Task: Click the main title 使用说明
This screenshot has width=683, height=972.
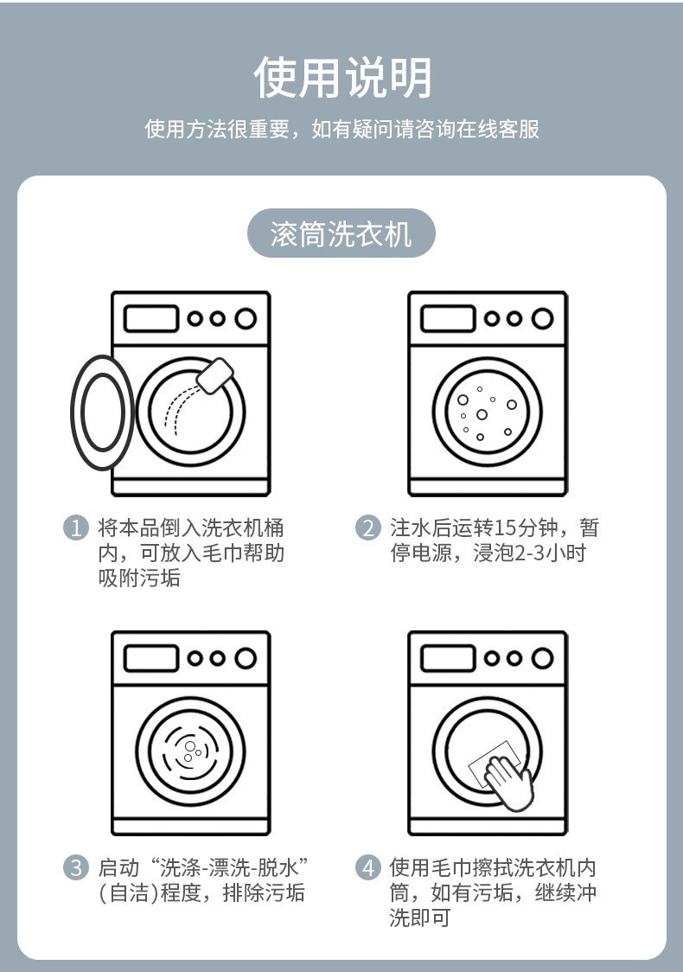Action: click(341, 78)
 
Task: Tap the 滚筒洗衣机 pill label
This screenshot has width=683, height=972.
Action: click(341, 233)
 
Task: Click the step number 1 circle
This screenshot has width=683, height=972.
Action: click(77, 528)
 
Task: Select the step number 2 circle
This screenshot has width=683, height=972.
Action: click(368, 528)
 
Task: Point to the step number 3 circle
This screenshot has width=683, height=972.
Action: click(77, 867)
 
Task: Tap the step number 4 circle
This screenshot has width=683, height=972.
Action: click(368, 867)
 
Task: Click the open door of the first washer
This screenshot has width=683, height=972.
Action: click(102, 412)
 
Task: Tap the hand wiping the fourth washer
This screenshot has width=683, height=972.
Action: click(507, 782)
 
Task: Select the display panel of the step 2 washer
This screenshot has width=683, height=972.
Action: click(447, 318)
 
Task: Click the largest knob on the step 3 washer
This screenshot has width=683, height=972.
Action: click(246, 658)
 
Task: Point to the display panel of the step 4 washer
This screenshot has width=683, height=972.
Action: click(447, 658)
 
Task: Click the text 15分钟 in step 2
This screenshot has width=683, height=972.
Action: click(530, 528)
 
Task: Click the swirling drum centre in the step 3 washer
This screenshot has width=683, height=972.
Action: click(191, 751)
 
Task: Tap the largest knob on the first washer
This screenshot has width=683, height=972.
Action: click(246, 318)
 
